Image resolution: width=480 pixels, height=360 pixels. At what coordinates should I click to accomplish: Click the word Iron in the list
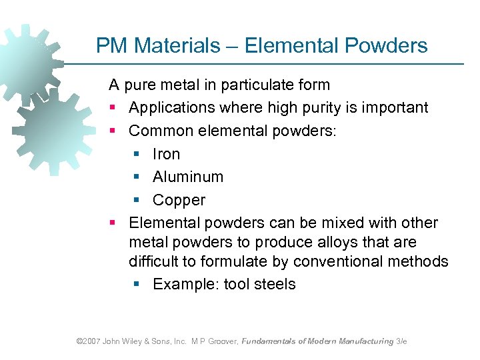[x=166, y=154]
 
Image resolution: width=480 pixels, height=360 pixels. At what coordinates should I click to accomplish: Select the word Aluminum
[x=188, y=177]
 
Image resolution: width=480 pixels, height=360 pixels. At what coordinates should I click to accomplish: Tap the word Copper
[x=179, y=200]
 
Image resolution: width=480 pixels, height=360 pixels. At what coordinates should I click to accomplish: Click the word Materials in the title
[x=176, y=45]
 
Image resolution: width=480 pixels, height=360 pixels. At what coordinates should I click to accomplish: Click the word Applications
[x=171, y=108]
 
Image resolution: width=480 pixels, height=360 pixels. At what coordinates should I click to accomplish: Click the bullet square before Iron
[x=136, y=155]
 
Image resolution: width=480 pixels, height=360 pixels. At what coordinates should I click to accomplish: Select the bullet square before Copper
[x=136, y=201]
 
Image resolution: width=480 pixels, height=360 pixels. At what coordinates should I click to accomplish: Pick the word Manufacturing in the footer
[x=367, y=341]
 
